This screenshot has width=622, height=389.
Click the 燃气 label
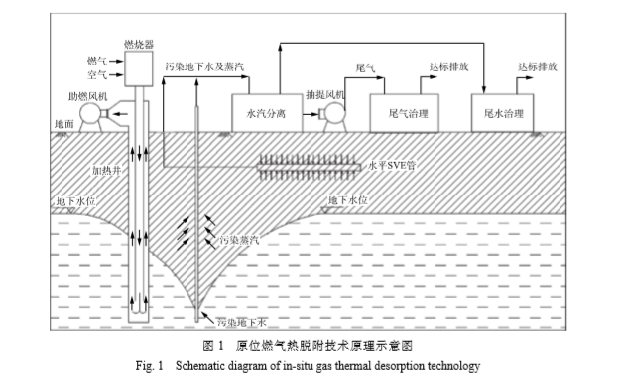click(98, 60)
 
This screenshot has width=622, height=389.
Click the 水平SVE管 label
click(391, 165)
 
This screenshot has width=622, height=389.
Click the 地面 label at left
click(62, 124)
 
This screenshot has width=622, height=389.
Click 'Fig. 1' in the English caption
click(153, 366)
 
